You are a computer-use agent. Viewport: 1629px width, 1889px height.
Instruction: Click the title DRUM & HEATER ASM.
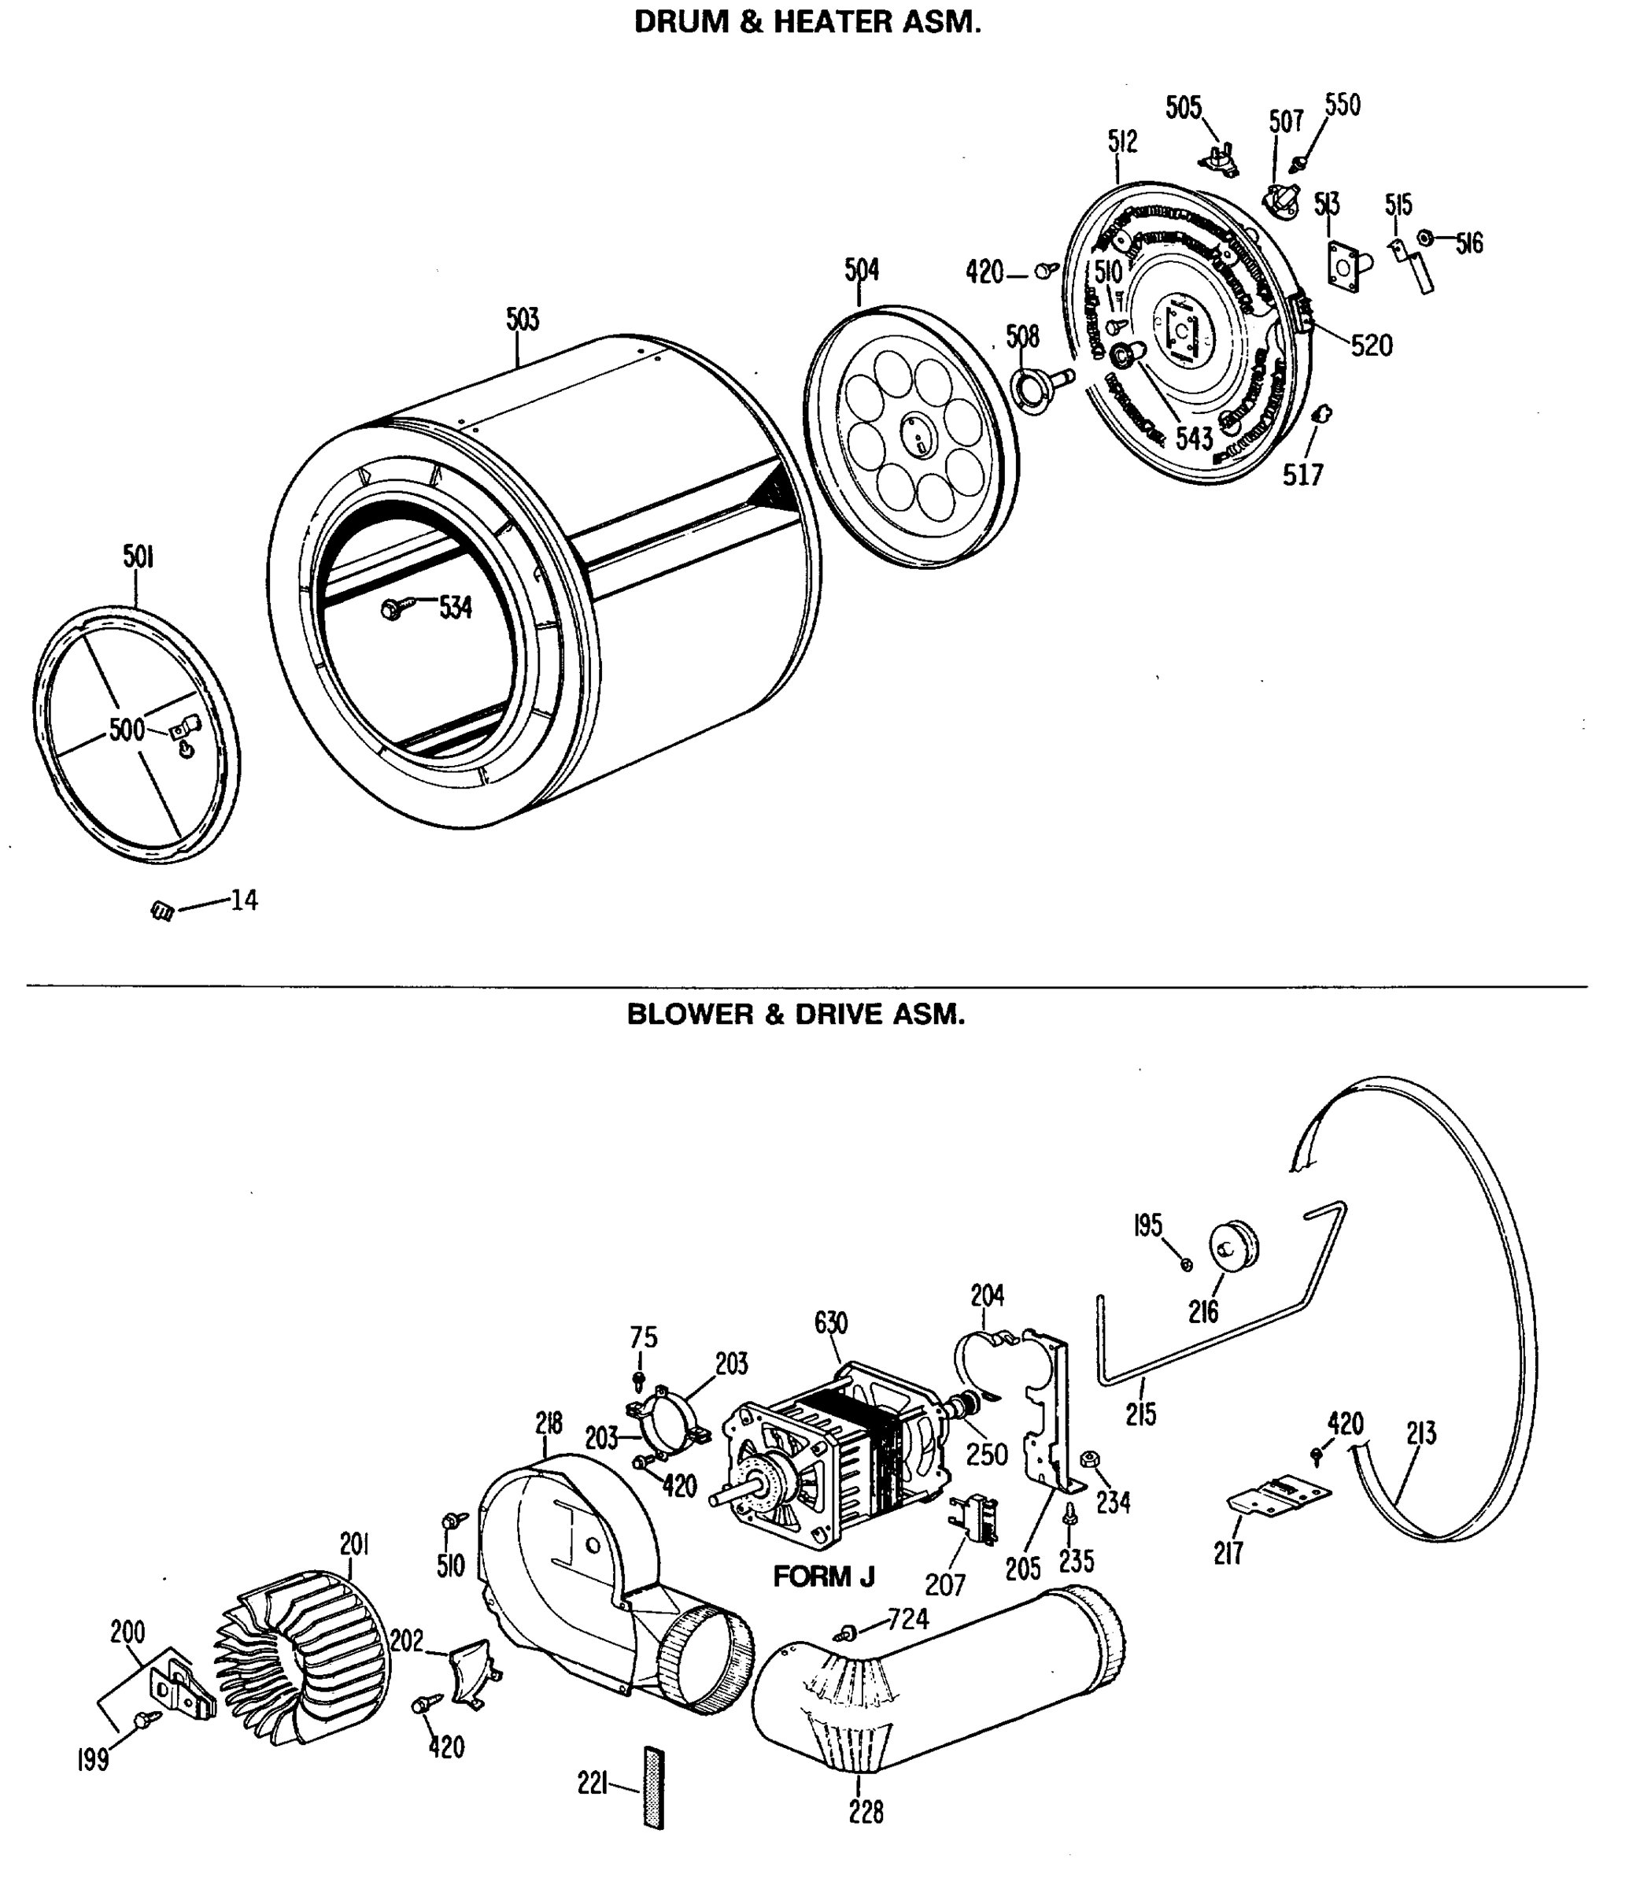coord(807,23)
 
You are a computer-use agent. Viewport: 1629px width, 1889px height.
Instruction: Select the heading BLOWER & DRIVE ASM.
coord(795,1015)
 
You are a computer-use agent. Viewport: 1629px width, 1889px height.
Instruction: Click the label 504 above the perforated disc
coord(860,270)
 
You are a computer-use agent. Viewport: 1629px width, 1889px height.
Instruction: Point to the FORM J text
coord(823,1576)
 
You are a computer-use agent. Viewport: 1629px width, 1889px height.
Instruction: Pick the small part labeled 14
coord(163,910)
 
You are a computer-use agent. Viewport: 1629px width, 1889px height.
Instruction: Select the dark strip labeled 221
coord(652,1787)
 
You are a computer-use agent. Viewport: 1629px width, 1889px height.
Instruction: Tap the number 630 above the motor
coord(830,1323)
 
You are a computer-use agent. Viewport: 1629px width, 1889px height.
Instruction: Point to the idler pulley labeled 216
coord(1232,1244)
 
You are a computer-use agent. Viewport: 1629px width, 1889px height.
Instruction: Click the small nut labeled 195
coord(1186,1265)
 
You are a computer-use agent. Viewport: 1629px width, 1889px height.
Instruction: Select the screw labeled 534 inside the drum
coord(393,608)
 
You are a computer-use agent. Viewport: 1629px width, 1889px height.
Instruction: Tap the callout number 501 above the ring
coord(138,556)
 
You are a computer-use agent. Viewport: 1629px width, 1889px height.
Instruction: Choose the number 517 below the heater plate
coord(1302,475)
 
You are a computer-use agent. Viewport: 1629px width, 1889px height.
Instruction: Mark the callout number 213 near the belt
coord(1420,1434)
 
